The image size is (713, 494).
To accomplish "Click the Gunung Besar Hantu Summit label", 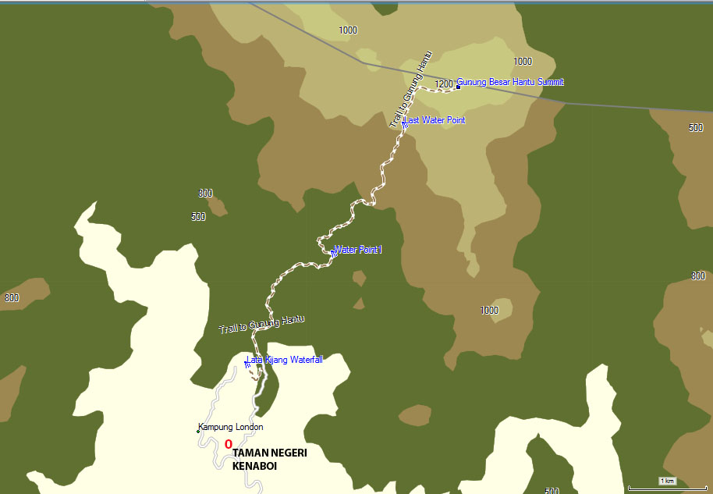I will coord(510,82).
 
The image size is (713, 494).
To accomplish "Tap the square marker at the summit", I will coord(458,87).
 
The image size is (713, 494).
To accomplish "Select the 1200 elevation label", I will coord(444,84).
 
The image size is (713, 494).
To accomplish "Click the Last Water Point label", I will coord(435,120).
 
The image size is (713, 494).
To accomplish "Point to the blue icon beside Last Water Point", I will coord(404,123).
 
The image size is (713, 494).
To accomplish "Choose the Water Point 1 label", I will coord(358,250).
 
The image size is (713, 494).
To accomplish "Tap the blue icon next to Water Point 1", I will coord(334,253).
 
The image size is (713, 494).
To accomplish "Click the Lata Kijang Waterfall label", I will coord(285,360).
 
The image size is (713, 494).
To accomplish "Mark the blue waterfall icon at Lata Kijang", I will coord(247,363).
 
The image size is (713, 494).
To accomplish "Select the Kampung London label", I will coord(232,427).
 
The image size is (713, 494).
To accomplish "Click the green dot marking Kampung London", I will coord(198,430).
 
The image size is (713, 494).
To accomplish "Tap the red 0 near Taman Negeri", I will coord(228,444).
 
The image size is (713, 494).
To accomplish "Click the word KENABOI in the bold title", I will coord(254,467).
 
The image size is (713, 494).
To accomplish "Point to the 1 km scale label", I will coord(667,481).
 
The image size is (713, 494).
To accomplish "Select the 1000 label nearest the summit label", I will coord(523,61).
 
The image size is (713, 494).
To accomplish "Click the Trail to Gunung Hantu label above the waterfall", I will coord(261,324).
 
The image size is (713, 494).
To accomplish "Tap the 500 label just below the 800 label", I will coord(198,217).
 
